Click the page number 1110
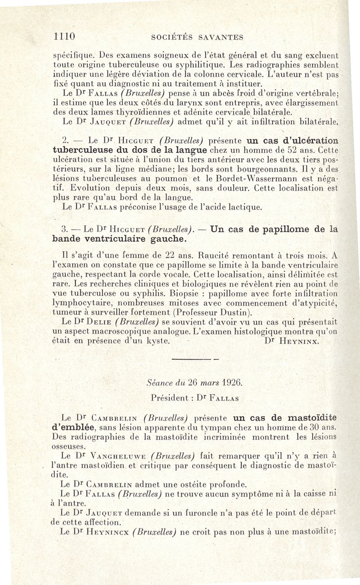63,36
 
